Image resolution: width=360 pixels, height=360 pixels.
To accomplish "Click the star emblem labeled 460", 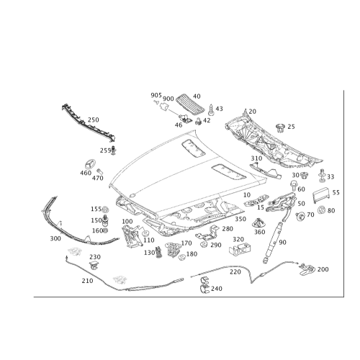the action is [90, 164].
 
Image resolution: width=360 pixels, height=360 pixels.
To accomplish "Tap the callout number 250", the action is [93, 120].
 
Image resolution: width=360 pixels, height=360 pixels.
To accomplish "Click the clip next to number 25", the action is [280, 127].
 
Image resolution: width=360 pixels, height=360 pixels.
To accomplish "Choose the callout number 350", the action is [240, 219].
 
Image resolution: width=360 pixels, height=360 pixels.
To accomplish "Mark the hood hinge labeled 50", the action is [281, 203].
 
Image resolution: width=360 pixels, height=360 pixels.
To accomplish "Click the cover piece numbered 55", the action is [321, 195].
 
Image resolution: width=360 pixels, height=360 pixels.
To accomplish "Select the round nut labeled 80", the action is [321, 210].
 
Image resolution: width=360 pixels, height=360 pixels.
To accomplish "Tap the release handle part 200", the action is [307, 269].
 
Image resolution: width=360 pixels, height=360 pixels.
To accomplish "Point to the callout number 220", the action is [235, 272].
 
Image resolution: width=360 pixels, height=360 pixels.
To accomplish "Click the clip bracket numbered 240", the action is [204, 285].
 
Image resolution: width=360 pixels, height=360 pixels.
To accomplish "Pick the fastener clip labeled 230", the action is [95, 266].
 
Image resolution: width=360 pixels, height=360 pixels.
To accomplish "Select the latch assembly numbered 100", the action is [131, 236].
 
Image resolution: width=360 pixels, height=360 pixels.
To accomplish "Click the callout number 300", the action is [55, 238].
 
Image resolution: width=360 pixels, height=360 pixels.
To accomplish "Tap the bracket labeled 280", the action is [208, 233].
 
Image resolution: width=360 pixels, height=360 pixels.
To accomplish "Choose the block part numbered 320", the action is [240, 249].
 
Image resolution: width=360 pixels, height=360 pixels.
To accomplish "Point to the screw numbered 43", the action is [211, 109].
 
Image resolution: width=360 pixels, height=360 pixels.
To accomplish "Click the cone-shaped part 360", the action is [258, 223].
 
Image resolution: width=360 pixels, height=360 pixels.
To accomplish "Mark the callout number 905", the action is [156, 95].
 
